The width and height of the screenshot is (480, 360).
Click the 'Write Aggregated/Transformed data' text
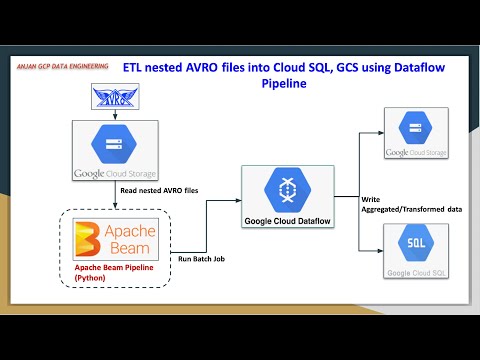click(x=409, y=204)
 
